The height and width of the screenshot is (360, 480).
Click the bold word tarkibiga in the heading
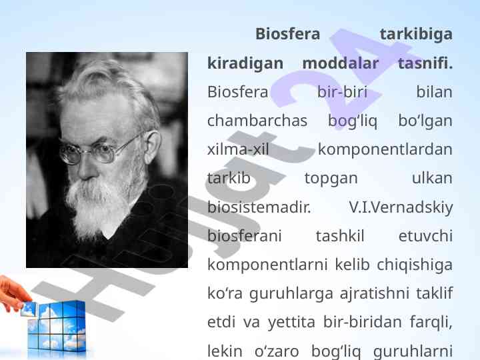click(x=416, y=34)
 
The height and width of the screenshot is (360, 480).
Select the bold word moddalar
click(x=341, y=63)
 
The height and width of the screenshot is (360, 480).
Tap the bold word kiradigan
click(x=245, y=64)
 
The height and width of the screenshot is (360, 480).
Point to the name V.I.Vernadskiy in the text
click(x=401, y=208)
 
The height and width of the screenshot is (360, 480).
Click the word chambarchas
click(x=257, y=121)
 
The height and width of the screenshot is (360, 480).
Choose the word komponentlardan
click(x=385, y=150)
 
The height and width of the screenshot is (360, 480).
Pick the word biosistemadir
click(x=259, y=207)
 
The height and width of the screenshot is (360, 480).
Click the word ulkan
click(x=432, y=178)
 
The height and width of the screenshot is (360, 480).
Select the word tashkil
click(x=340, y=236)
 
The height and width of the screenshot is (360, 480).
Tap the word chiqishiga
click(x=415, y=265)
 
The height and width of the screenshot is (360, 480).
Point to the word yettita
click(x=291, y=323)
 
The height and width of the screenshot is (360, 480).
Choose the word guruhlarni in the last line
click(x=413, y=351)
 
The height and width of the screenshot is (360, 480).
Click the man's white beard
click(x=101, y=205)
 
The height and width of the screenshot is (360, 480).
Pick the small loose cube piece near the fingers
click(x=29, y=309)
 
